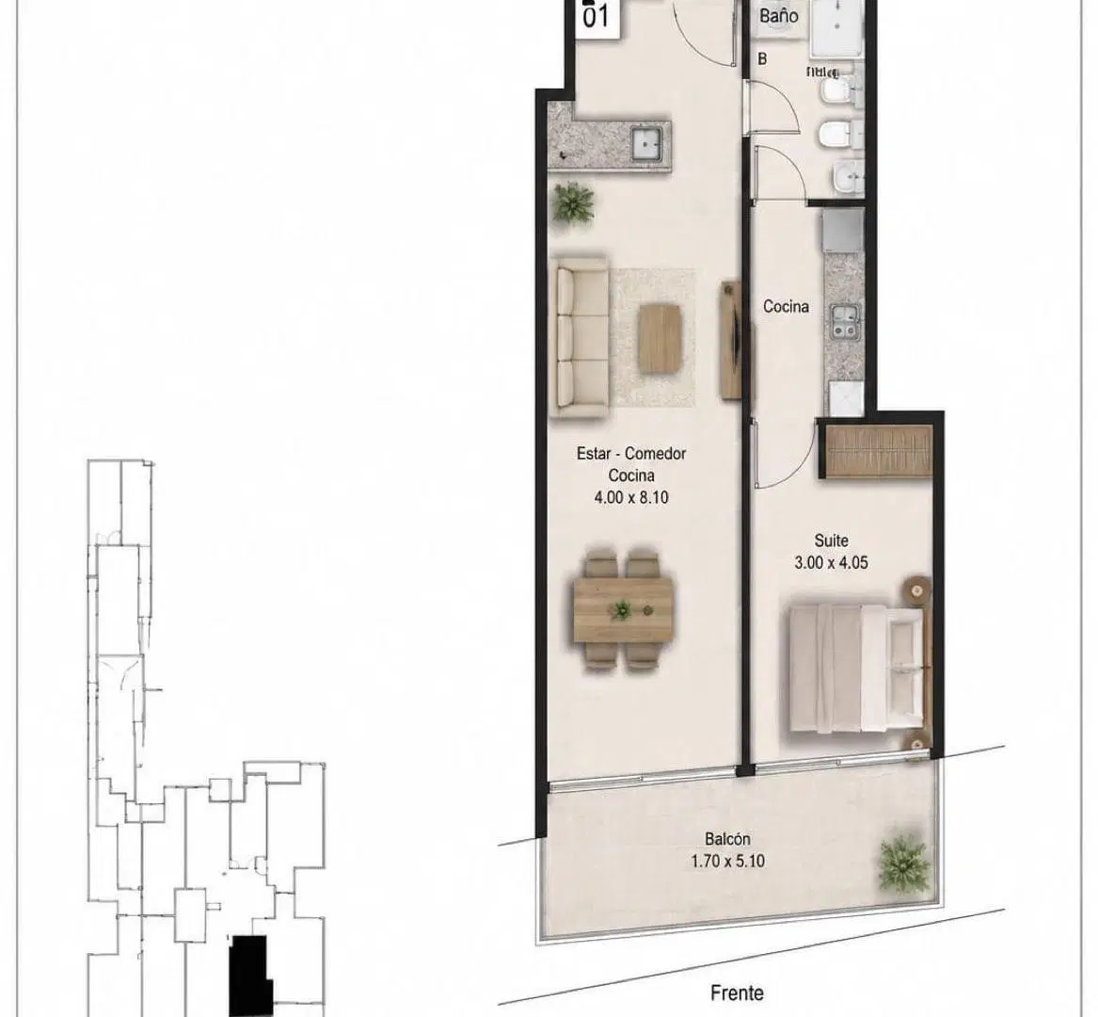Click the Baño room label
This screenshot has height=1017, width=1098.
tap(779, 15)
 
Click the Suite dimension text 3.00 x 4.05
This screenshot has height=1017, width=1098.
tap(831, 562)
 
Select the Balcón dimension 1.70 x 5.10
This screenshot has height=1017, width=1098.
tap(727, 861)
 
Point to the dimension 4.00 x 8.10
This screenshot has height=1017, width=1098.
tap(631, 497)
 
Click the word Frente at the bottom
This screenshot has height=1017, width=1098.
tap(737, 993)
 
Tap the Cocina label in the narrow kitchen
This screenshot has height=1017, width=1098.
tap(786, 306)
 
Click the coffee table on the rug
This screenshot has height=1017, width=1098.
tap(660, 339)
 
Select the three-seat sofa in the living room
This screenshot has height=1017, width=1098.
tap(580, 338)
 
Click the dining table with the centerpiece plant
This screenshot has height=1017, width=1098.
tap(623, 608)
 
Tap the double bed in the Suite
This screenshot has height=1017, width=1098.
tap(858, 669)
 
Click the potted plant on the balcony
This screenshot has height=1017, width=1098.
tap(905, 864)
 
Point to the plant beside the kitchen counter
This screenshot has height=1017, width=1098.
tap(574, 203)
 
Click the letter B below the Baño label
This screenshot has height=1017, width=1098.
tap(762, 59)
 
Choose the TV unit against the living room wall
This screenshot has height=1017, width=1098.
tap(730, 340)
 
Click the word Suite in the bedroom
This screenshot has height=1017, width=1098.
tap(831, 541)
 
